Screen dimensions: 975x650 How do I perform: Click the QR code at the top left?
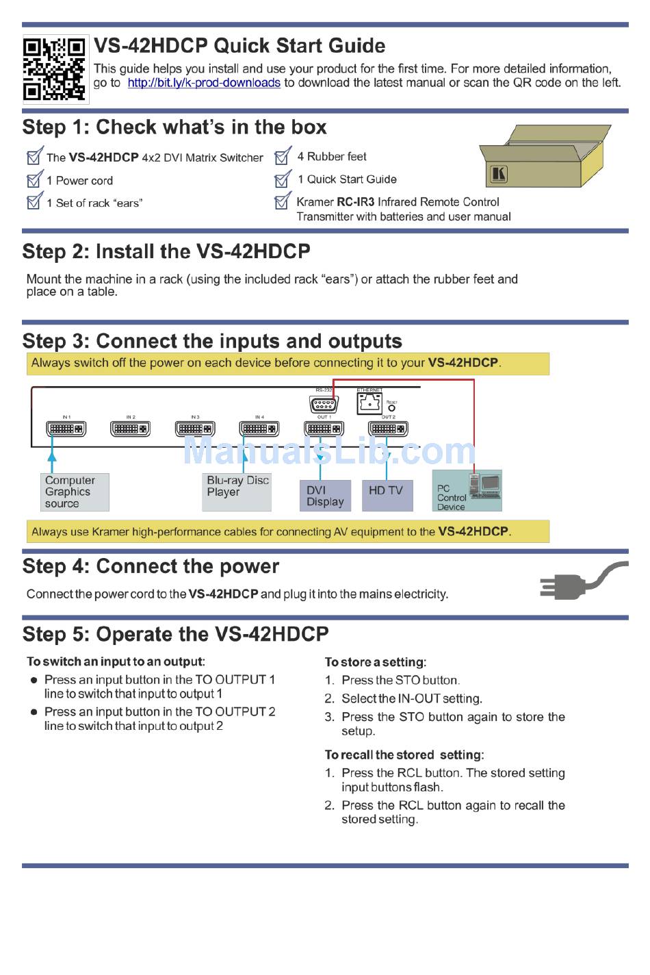click(55, 69)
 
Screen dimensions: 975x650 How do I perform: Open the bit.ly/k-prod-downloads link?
click(204, 83)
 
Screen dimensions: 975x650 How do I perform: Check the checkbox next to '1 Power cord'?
click(34, 180)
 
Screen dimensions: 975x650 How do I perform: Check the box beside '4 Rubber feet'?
click(283, 157)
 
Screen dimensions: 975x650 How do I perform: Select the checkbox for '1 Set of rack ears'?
click(34, 202)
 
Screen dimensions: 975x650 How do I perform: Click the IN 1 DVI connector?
click(66, 429)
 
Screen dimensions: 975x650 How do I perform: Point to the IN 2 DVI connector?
click(131, 429)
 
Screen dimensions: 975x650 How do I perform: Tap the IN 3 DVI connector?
click(195, 429)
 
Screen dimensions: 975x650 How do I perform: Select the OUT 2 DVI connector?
click(388, 429)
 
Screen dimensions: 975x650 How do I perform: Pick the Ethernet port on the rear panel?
click(369, 403)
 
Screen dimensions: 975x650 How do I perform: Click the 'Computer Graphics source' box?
click(75, 492)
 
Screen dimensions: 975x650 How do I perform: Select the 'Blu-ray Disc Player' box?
click(237, 492)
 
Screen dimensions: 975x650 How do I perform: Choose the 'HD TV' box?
click(387, 496)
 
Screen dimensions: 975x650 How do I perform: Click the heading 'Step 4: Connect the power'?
click(151, 567)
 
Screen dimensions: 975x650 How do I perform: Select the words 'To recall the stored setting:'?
click(404, 755)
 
